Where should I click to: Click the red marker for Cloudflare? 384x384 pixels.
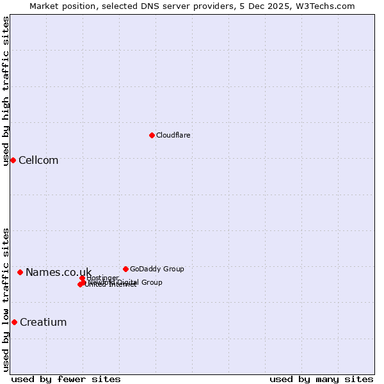pyautogui.click(x=152, y=135)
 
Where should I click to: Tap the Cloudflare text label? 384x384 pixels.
pyautogui.click(x=173, y=135)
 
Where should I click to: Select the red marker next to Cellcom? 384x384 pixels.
pyautogui.click(x=13, y=160)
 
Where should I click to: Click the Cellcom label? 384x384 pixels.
pyautogui.click(x=38, y=161)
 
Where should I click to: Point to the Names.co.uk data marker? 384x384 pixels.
pyautogui.click(x=20, y=273)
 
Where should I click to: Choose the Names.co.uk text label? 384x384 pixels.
pyautogui.click(x=58, y=273)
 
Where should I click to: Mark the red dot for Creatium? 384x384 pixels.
pyautogui.click(x=14, y=322)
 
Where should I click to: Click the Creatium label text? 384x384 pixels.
pyautogui.click(x=43, y=323)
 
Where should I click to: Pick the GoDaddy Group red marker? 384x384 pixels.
pyautogui.click(x=125, y=269)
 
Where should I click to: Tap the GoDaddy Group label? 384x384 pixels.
pyautogui.click(x=157, y=269)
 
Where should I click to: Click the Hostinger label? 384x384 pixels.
pyautogui.click(x=103, y=278)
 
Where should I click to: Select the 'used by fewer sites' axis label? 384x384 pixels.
pyautogui.click(x=66, y=379)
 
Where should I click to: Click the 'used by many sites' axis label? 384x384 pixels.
pyautogui.click(x=321, y=379)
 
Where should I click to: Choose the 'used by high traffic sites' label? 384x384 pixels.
pyautogui.click(x=6, y=91)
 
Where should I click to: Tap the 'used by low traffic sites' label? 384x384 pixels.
pyautogui.click(x=6, y=300)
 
